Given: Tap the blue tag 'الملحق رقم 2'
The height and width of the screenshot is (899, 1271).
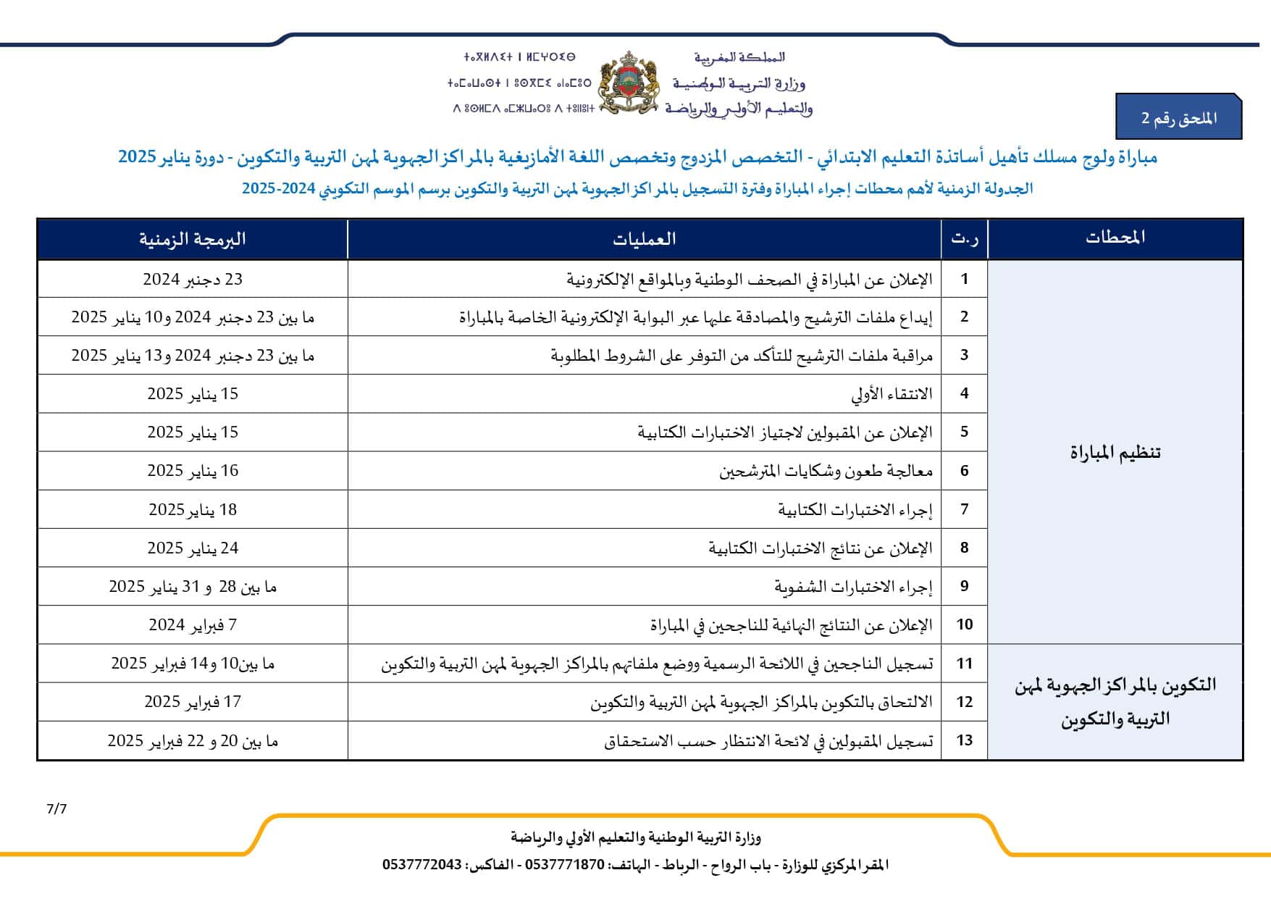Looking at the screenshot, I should point(1178,118).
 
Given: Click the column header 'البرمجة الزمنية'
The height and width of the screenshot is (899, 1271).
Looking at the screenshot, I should point(193,239).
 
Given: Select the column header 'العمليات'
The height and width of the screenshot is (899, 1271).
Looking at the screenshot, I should point(644,239).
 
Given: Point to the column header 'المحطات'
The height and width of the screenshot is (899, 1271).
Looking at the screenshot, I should point(1115,238).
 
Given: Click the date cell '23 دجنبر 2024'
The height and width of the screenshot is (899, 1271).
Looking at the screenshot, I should point(193,280).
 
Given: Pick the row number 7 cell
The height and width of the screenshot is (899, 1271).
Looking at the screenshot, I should point(964,509).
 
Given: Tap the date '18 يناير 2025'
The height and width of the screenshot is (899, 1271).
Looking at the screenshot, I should point(193,510).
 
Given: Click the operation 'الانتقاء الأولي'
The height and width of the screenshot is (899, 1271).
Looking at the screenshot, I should point(892,395).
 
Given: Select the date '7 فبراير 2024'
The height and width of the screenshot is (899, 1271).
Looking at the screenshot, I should point(193,625).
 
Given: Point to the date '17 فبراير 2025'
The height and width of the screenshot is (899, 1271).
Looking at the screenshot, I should point(193,702).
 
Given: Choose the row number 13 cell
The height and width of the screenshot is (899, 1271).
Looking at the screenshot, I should point(964,740).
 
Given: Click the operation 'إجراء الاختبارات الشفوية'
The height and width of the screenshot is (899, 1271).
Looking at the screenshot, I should point(853,587).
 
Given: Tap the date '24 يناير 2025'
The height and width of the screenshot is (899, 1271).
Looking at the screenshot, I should point(193,548).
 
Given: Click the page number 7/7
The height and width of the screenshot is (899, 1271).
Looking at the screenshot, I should point(56,809).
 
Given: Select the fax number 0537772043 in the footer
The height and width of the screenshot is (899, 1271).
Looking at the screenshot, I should point(422,865).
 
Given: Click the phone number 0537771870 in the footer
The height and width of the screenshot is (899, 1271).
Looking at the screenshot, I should point(564,865).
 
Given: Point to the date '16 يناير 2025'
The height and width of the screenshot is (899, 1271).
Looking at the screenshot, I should point(193,472).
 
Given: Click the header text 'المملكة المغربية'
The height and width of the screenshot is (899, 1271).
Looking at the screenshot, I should point(739,57).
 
